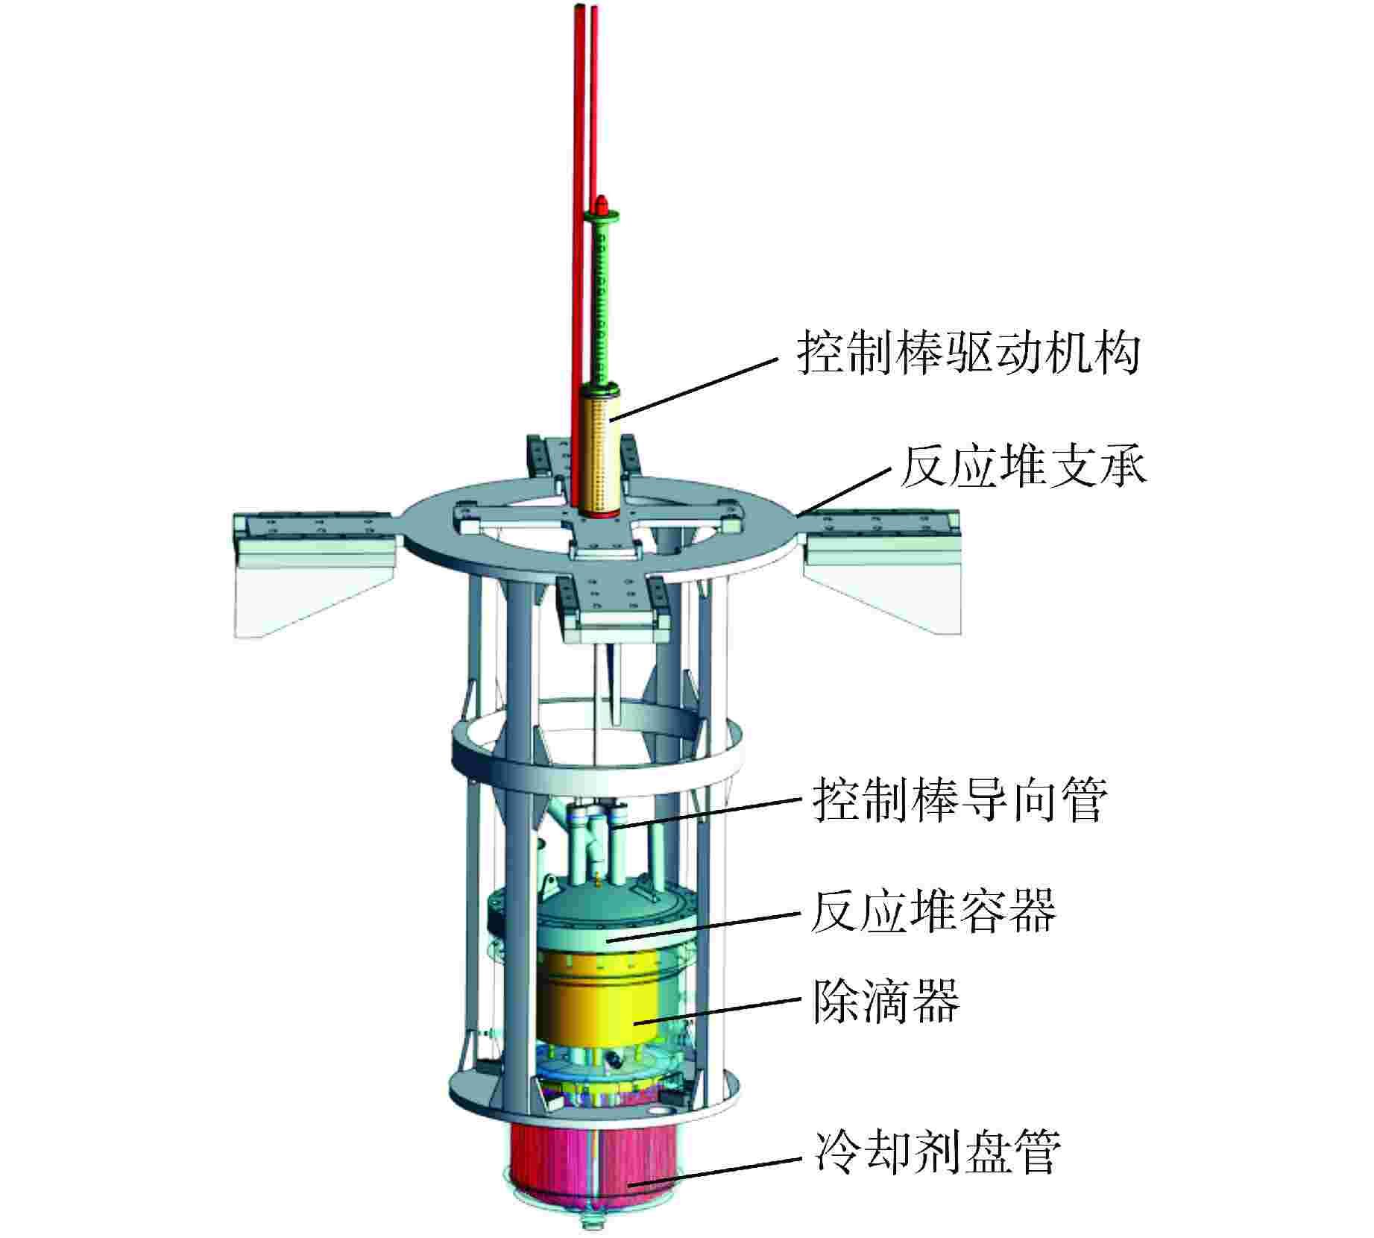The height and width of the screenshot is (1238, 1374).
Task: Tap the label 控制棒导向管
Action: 959,799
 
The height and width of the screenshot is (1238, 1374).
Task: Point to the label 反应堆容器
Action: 933,911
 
